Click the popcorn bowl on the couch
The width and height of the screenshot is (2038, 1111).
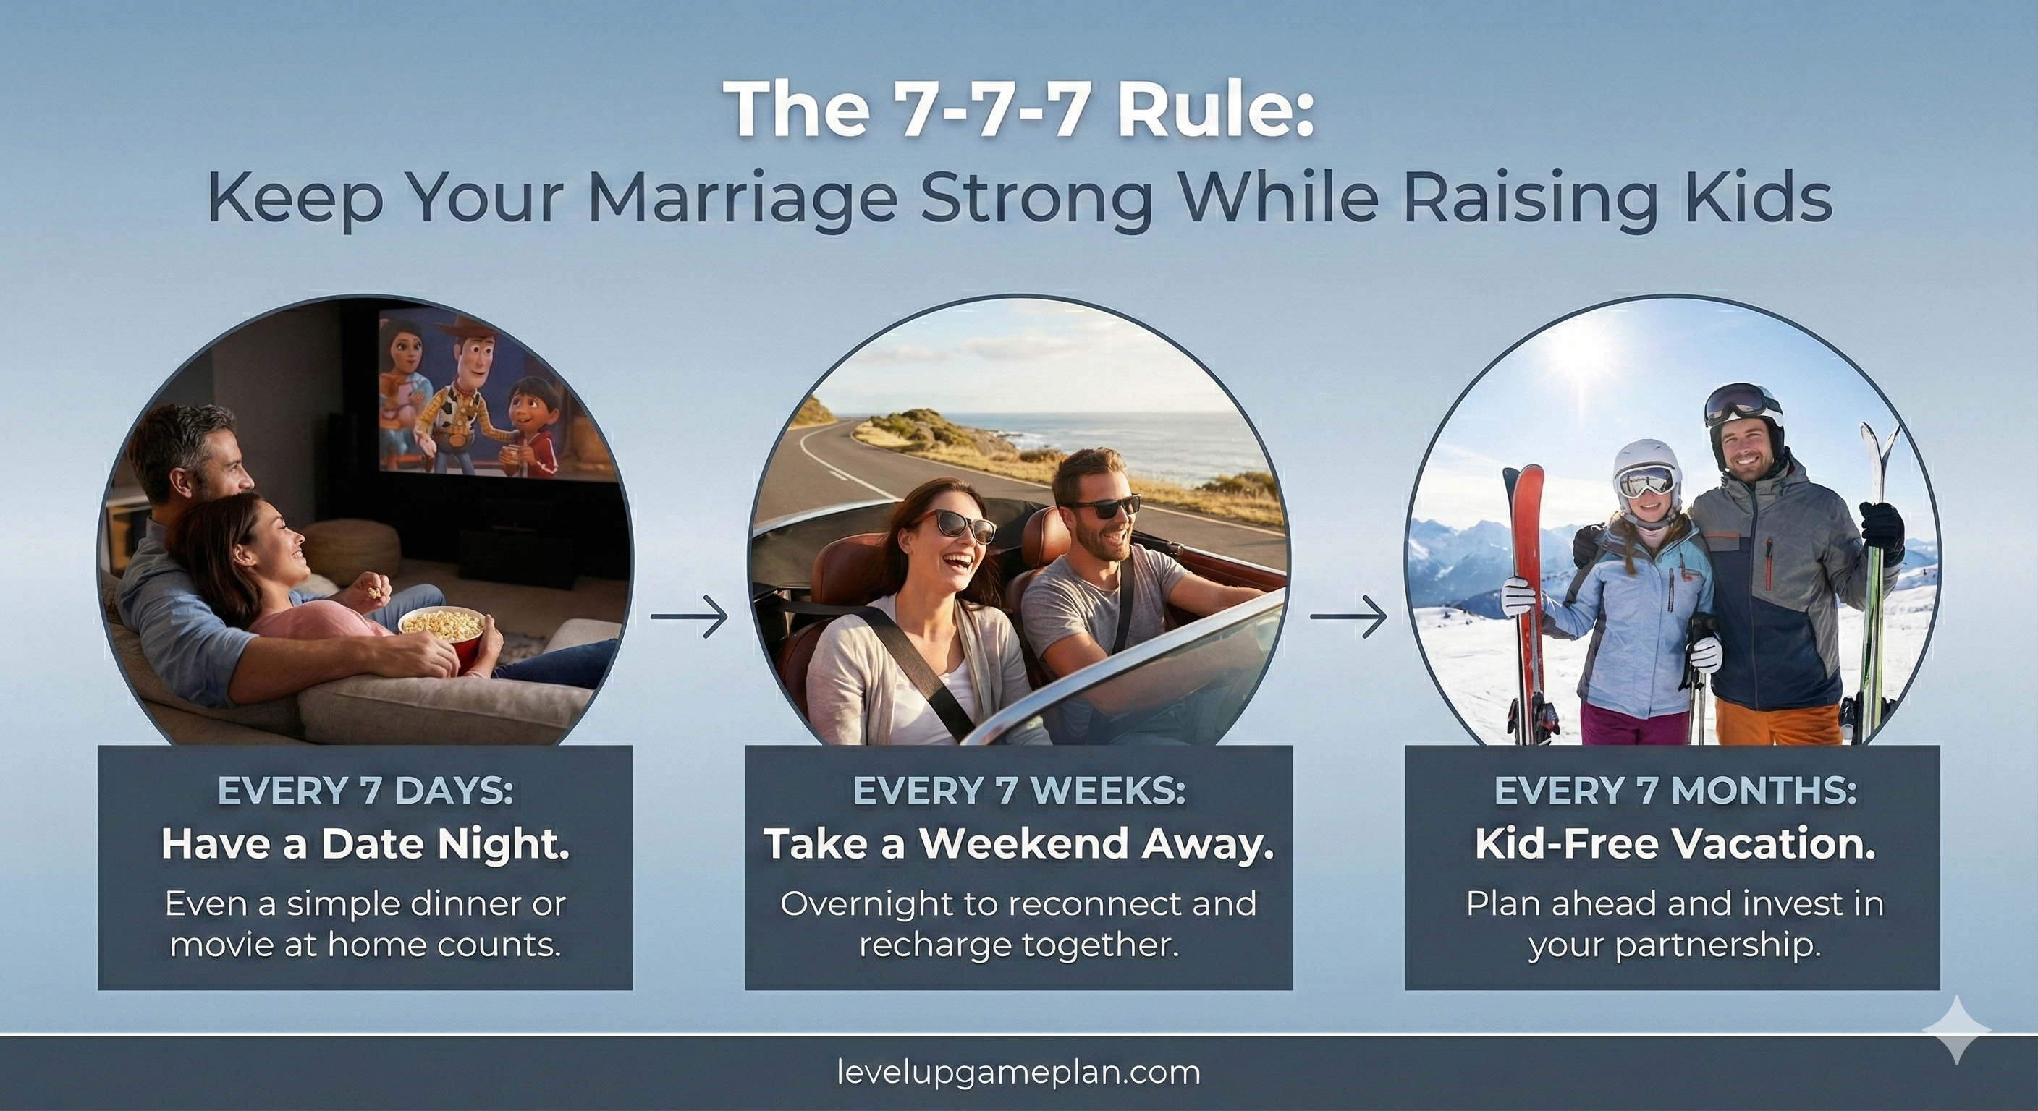click(x=441, y=629)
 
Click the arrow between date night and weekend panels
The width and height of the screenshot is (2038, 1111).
click(x=688, y=617)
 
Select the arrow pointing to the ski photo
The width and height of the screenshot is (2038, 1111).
click(x=1348, y=617)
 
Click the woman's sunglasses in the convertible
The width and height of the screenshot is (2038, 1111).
click(x=953, y=526)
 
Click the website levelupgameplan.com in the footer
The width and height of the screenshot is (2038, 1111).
click(x=1019, y=1073)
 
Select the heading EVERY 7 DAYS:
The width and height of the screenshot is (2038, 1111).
click(x=365, y=791)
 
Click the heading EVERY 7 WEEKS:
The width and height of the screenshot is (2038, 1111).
click(x=1019, y=791)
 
